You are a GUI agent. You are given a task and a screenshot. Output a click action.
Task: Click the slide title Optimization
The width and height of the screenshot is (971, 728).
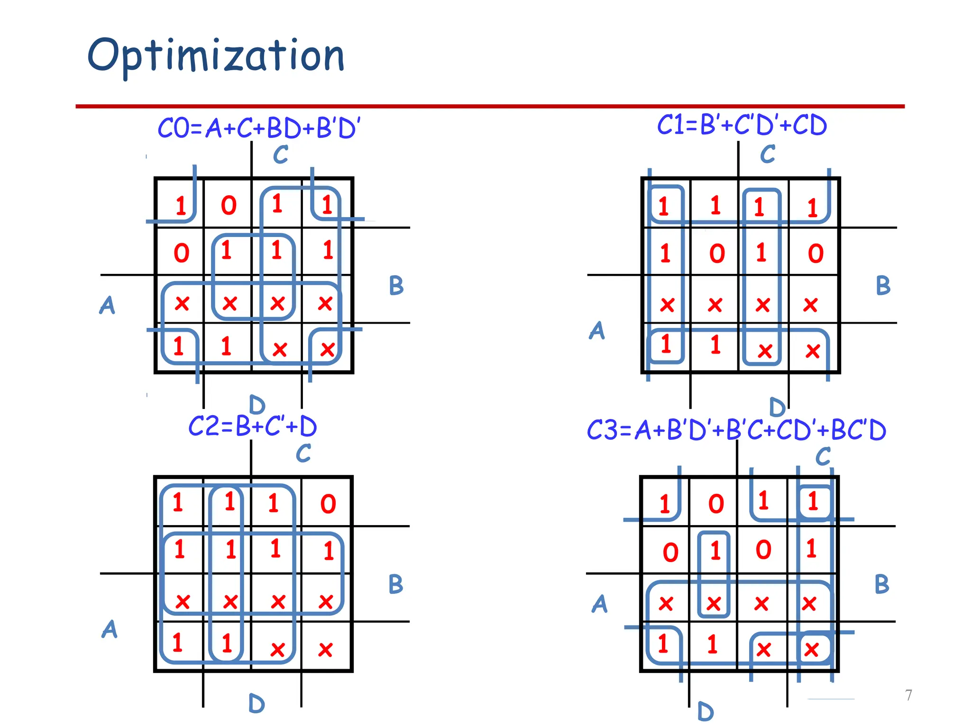pos(216,56)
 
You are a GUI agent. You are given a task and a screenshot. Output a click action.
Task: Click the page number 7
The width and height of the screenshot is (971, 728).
pos(908,695)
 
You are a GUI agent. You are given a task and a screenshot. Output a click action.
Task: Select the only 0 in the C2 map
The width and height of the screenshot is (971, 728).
pos(328,504)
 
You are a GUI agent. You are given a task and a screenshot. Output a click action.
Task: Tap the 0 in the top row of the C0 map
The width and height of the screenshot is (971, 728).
pos(229,206)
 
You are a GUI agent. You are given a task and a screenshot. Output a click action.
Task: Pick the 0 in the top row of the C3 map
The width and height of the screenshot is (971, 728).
pos(716,504)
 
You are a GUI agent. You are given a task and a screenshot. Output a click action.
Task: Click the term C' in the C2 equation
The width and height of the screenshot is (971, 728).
pos(275,426)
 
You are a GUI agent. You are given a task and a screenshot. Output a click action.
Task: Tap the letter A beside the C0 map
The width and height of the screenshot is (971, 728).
pos(107,305)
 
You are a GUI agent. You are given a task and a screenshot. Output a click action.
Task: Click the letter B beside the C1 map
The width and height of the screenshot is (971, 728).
pos(883,285)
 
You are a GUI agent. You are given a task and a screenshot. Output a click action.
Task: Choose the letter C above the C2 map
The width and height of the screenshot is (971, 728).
pos(303,454)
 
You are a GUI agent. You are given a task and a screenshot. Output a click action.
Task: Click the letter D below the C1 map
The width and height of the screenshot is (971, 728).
pos(777,407)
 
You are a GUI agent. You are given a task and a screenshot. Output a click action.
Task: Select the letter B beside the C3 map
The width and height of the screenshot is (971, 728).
pos(882,584)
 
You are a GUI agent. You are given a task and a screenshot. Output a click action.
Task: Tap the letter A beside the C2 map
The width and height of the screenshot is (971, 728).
pos(110,629)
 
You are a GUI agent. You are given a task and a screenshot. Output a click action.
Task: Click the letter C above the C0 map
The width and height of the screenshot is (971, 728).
pos(281,155)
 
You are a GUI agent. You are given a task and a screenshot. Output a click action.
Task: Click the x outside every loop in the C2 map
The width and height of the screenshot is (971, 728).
pos(325,649)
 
